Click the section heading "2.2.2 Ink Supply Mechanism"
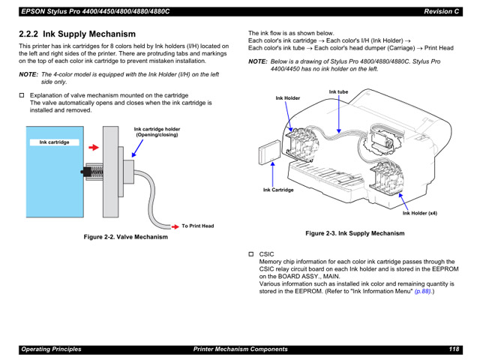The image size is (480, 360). [77, 34]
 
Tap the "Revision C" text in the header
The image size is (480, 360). [441, 11]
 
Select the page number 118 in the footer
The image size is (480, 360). [454, 349]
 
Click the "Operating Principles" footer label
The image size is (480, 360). [51, 349]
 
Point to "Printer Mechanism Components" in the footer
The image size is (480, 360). [240, 349]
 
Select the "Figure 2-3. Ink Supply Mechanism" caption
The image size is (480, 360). [354, 233]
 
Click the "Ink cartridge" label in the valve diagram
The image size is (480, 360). [55, 142]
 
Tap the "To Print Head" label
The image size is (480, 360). [197, 226]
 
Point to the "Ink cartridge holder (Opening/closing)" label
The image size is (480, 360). [157, 132]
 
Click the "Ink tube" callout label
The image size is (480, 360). [338, 92]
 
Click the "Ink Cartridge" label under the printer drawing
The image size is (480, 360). [278, 190]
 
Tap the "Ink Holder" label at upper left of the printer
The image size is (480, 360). [287, 98]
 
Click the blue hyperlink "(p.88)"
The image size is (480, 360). [424, 291]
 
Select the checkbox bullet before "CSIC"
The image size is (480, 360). [252, 255]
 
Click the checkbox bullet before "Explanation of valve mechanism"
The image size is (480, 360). [22, 96]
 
